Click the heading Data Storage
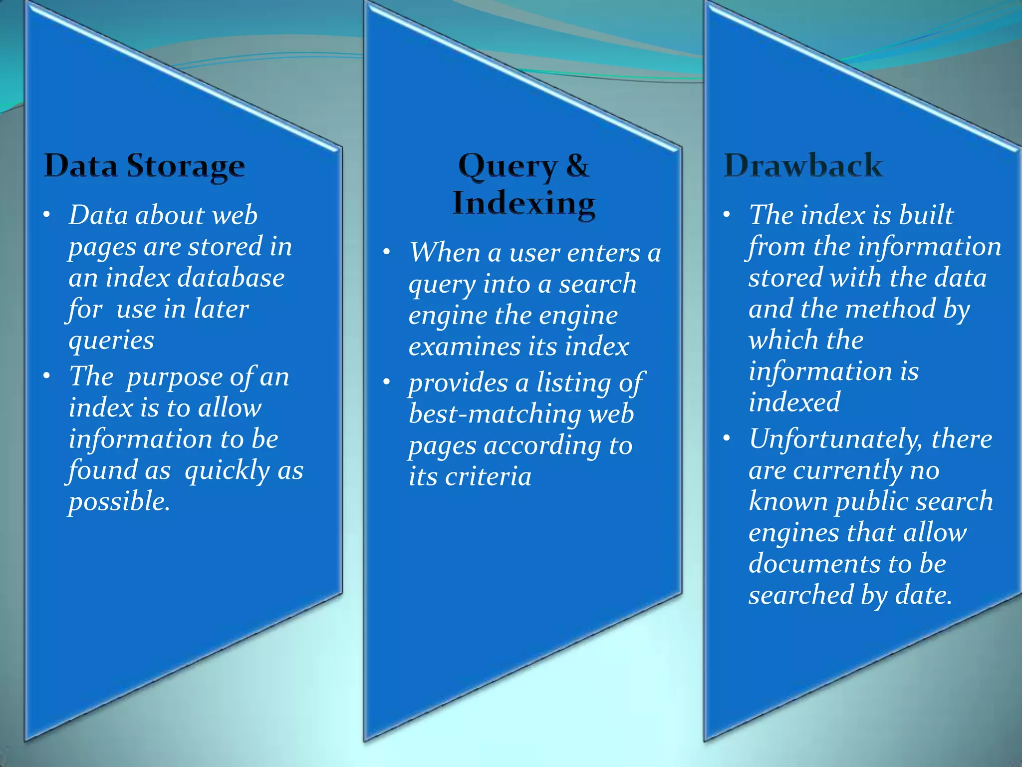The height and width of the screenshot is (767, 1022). (144, 166)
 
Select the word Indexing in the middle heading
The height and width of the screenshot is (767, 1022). (524, 204)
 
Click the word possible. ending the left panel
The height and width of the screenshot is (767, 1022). (119, 501)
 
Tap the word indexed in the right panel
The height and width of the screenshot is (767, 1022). (794, 402)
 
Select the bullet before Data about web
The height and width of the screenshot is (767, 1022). (46, 215)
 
